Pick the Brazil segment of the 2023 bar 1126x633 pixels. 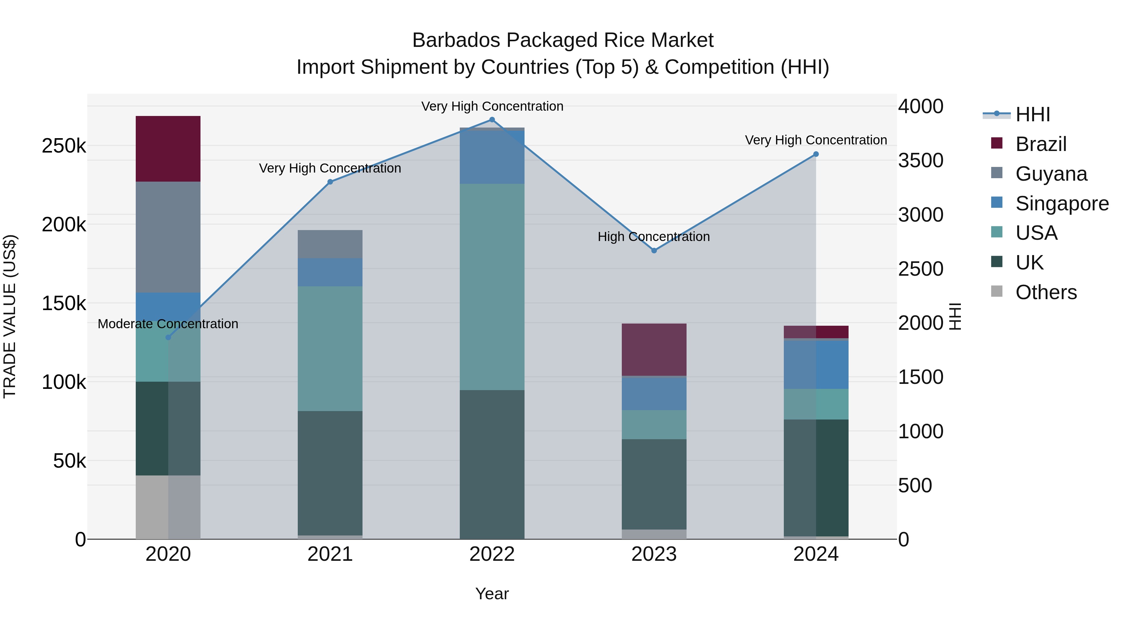[654, 349]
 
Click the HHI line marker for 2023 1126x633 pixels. [654, 251]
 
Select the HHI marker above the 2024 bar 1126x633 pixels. [816, 154]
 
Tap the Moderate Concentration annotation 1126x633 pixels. [168, 324]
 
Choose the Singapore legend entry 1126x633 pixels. [1062, 203]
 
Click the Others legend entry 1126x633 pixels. [1046, 292]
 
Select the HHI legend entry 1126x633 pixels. [1032, 114]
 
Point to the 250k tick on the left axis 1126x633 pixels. [64, 146]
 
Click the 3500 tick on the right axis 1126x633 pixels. [921, 160]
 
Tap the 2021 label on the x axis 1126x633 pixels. [330, 554]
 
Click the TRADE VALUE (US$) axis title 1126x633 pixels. [10, 316]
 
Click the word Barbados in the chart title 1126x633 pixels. [459, 40]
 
